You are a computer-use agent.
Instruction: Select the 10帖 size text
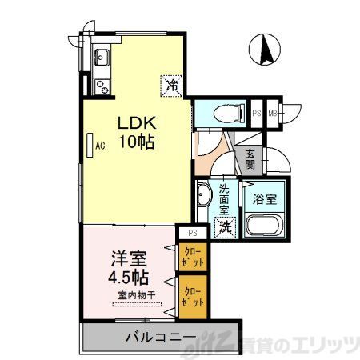(x=137, y=143)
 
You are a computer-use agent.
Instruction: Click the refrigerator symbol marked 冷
(x=172, y=82)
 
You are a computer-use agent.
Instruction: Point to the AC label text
(x=101, y=146)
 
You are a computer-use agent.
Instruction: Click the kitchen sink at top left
(x=102, y=57)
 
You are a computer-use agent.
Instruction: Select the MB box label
(x=273, y=113)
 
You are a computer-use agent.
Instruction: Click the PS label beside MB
(x=258, y=113)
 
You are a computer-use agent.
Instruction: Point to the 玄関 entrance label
(x=250, y=159)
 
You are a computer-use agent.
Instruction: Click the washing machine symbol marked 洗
(x=226, y=227)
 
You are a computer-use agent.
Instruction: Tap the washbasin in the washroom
(x=203, y=195)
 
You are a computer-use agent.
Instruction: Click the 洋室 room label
(x=128, y=262)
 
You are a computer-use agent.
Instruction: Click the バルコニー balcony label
(x=158, y=337)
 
